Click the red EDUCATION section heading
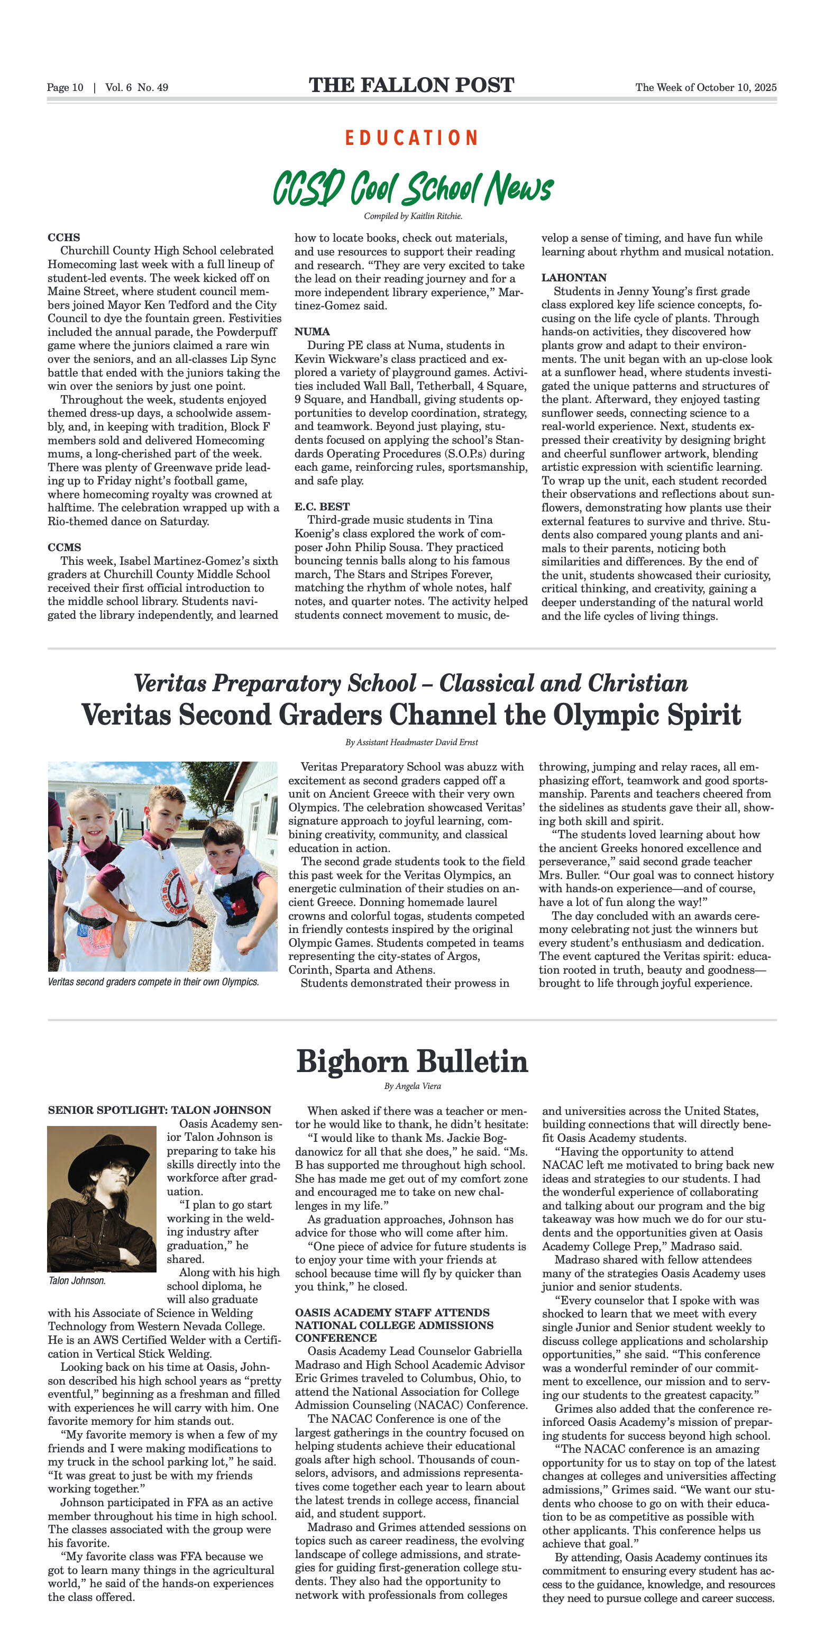point(411,138)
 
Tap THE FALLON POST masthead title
point(411,85)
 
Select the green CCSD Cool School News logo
point(413,187)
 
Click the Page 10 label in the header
point(65,88)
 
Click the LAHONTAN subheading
point(574,278)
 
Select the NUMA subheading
point(312,332)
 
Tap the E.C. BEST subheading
point(322,506)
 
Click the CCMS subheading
point(64,547)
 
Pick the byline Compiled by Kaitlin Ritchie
point(413,216)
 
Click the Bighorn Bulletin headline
point(412,1061)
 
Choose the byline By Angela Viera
point(412,1086)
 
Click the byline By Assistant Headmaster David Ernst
point(411,742)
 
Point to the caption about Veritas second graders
point(153,982)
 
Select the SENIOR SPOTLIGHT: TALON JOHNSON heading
point(159,1110)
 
